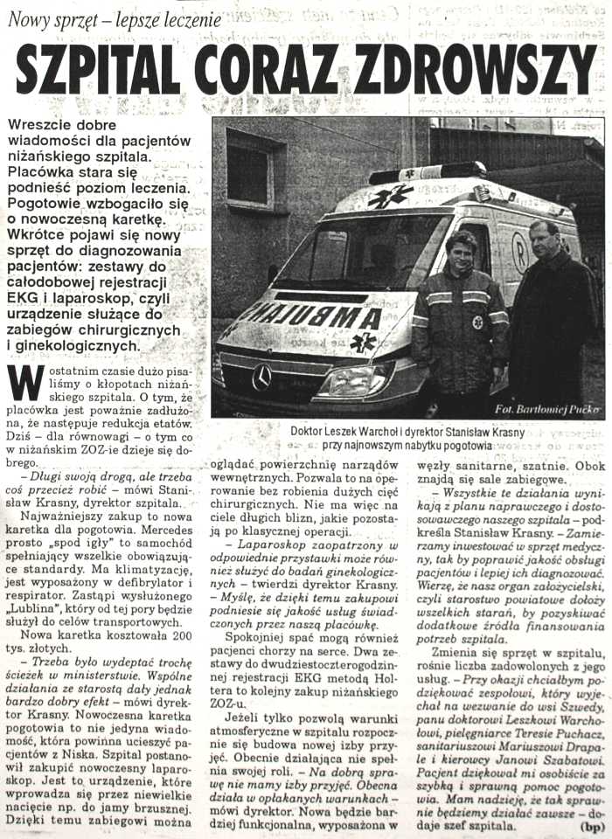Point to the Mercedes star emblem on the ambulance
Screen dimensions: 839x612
pos(262,377)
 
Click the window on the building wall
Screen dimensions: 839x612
pos(254,171)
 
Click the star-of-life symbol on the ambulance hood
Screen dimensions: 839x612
pos(363,341)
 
